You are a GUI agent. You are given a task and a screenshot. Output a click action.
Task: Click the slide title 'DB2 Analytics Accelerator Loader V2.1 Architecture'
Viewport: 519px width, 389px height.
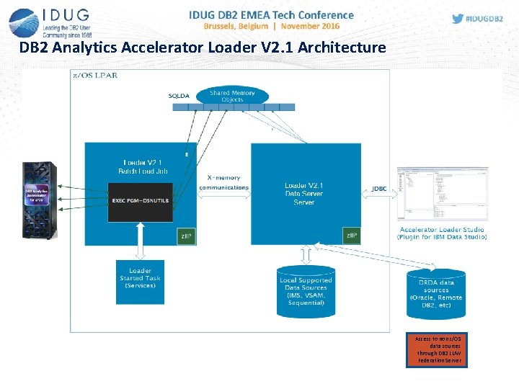(x=203, y=48)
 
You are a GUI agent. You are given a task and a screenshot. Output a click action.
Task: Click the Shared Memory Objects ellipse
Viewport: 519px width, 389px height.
(x=232, y=96)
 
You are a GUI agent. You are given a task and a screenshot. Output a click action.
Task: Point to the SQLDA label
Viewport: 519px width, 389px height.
(x=179, y=96)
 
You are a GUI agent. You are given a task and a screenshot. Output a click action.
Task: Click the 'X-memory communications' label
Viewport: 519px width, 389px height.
(x=223, y=182)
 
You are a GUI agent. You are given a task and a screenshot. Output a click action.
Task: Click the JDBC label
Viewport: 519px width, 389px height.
(x=378, y=189)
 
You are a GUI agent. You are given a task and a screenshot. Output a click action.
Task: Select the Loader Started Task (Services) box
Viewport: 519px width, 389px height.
(x=141, y=281)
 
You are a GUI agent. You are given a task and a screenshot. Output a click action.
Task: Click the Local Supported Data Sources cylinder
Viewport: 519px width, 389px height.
(x=306, y=291)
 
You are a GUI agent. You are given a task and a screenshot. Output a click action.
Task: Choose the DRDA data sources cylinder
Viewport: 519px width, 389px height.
(x=435, y=293)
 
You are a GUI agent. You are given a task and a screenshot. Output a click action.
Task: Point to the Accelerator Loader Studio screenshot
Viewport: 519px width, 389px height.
(x=442, y=194)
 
